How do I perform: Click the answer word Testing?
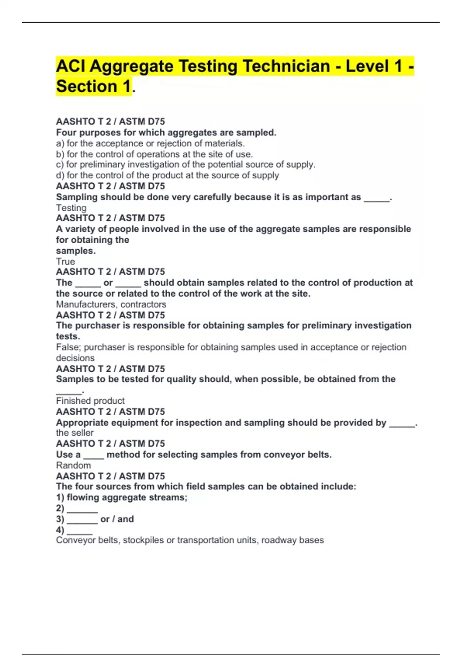point(71,208)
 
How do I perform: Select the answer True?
point(65,261)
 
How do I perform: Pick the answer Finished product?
point(90,401)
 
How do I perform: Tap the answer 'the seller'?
point(75,433)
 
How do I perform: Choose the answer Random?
point(73,465)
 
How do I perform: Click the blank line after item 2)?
point(82,509)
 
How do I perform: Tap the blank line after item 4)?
point(80,531)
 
